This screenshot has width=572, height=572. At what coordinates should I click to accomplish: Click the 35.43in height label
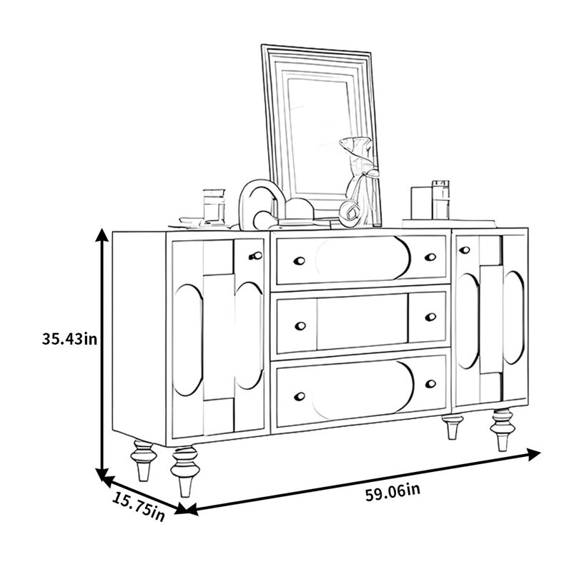pyautogui.click(x=69, y=339)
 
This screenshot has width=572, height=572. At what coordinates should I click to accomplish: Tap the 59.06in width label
pyautogui.click(x=393, y=492)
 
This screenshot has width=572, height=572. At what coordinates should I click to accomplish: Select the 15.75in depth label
pyautogui.click(x=138, y=506)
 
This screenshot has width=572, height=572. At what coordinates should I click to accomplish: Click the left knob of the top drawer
pyautogui.click(x=299, y=261)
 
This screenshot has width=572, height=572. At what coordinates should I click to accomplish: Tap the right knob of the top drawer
pyautogui.click(x=430, y=257)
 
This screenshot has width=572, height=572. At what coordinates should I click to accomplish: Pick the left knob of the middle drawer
pyautogui.click(x=300, y=326)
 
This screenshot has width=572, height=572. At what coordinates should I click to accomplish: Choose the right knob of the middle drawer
pyautogui.click(x=431, y=317)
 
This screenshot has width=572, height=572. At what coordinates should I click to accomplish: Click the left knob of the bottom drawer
pyautogui.click(x=300, y=396)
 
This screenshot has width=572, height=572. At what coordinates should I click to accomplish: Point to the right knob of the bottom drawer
pyautogui.click(x=431, y=384)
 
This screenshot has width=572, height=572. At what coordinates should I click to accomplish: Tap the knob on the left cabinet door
pyautogui.click(x=256, y=256)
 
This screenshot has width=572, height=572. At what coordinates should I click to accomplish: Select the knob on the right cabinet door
pyautogui.click(x=464, y=250)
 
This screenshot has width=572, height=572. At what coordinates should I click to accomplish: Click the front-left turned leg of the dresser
pyautogui.click(x=186, y=471)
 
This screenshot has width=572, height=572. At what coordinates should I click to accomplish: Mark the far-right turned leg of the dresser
pyautogui.click(x=503, y=430)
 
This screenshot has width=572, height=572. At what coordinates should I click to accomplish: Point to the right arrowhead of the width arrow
pyautogui.click(x=533, y=455)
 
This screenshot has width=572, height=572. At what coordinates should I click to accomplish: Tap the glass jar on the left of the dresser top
pyautogui.click(x=214, y=206)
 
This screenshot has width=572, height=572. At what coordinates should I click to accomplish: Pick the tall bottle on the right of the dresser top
pyautogui.click(x=440, y=200)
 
